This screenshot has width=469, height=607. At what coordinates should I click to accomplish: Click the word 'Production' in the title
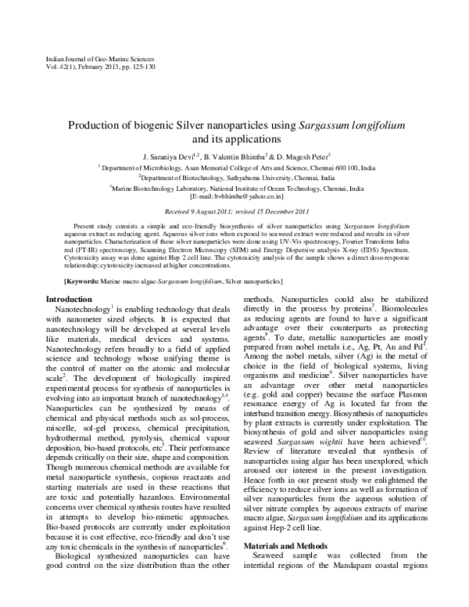pos(101,126)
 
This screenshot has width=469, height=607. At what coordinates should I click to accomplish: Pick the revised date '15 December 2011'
pos(278,211)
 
